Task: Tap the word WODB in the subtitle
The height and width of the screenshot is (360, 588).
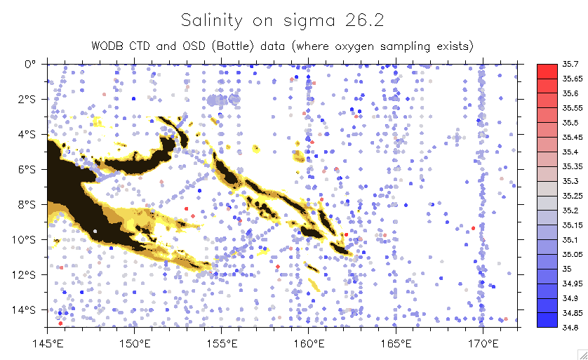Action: [107, 46]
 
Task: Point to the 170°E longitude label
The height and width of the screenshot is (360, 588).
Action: [481, 343]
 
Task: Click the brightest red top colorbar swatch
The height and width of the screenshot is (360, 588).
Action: [547, 71]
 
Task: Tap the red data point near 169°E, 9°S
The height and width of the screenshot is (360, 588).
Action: [474, 228]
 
